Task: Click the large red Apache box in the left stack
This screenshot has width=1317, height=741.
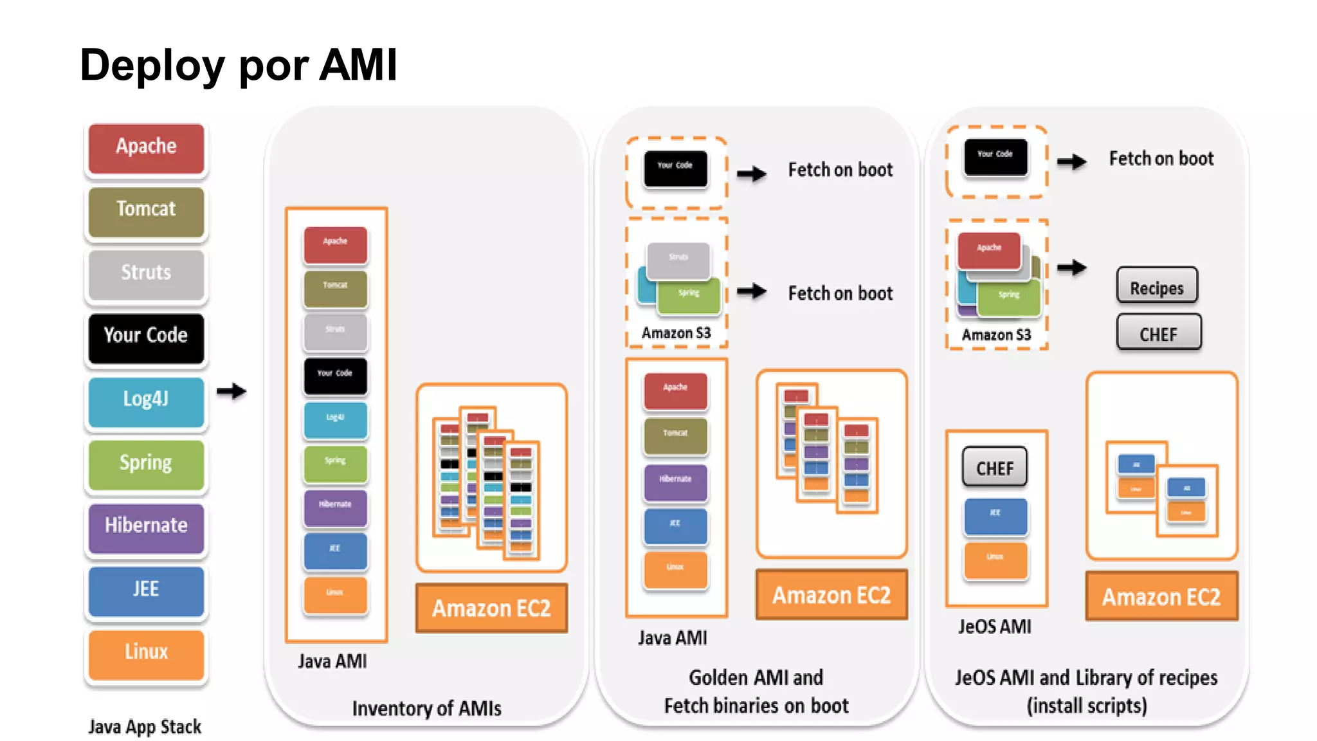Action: (146, 147)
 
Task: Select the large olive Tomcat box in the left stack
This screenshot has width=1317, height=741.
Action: (146, 210)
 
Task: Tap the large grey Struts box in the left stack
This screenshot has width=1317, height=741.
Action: (146, 273)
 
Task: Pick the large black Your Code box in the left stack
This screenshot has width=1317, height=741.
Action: (146, 336)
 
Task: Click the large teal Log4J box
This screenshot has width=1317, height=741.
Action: (146, 400)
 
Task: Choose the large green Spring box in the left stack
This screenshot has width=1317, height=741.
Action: (146, 463)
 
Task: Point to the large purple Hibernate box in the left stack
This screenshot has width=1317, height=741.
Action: (146, 526)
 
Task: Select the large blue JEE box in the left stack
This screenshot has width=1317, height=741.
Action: (146, 589)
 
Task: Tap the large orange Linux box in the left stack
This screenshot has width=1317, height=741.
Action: (146, 652)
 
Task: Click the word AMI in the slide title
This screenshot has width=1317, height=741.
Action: (358, 65)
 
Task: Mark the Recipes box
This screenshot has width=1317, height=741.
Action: (1157, 287)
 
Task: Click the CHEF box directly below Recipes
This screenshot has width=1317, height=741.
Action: (1158, 333)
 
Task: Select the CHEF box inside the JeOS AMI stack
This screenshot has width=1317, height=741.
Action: (995, 468)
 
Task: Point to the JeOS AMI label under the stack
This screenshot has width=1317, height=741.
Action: (994, 627)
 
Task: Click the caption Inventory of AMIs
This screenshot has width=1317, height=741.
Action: (426, 708)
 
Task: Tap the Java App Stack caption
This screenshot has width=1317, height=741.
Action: (145, 727)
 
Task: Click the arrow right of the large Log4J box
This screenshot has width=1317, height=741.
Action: (232, 391)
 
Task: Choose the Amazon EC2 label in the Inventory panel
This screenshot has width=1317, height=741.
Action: (491, 608)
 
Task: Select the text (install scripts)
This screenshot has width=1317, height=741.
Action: (1087, 706)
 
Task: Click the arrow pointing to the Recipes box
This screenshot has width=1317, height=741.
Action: (1072, 267)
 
